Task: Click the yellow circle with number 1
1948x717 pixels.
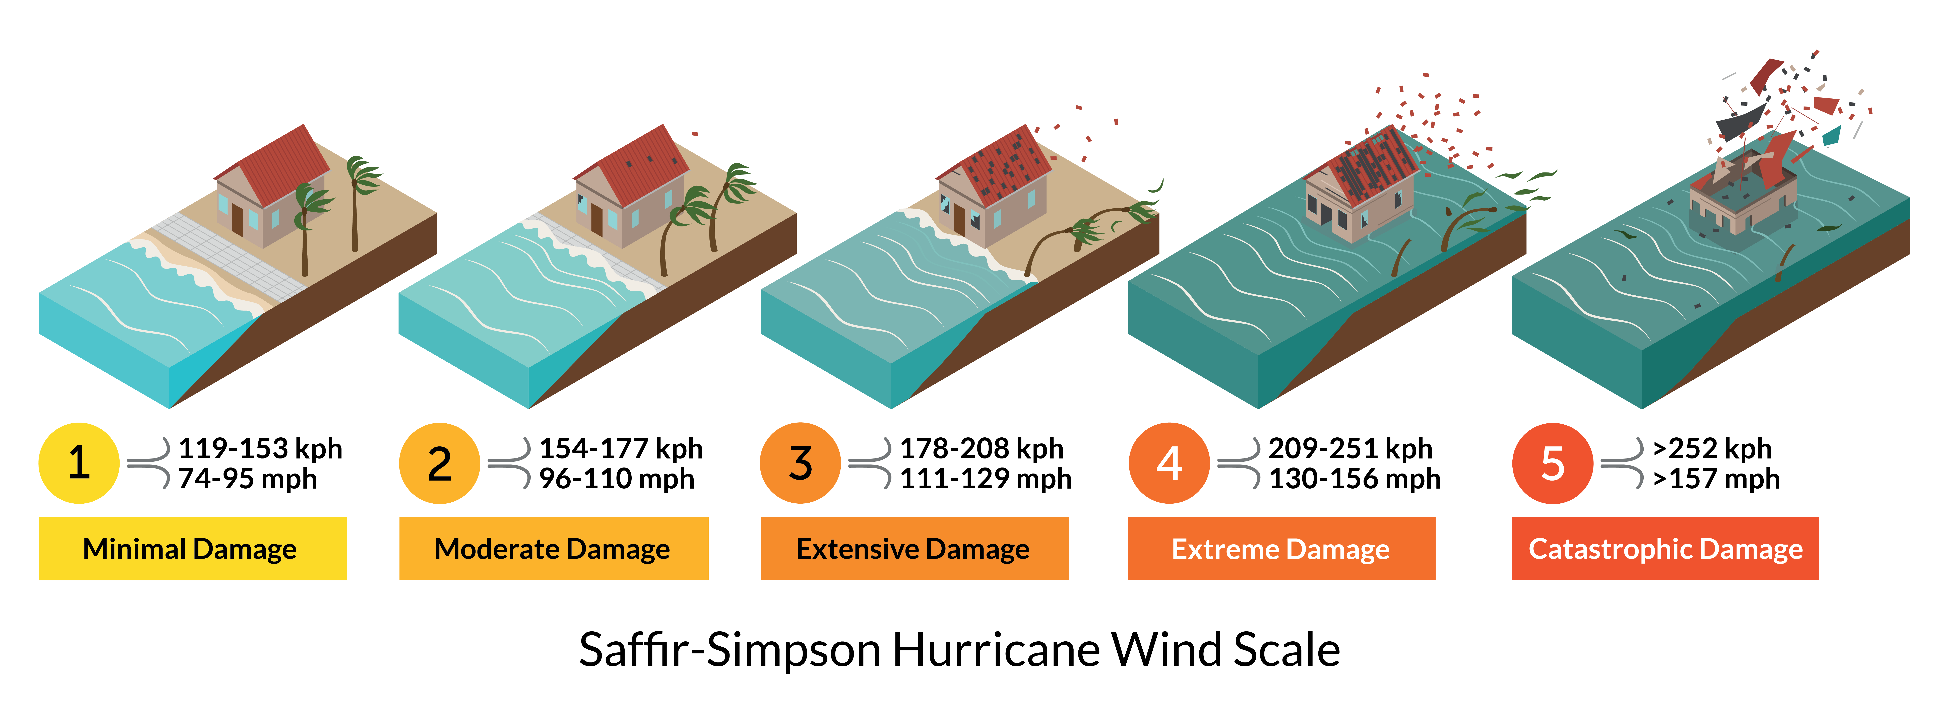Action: (79, 463)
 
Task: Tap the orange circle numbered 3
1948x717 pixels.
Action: (800, 463)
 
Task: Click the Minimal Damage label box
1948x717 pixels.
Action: (193, 549)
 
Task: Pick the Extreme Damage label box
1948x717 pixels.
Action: (1281, 549)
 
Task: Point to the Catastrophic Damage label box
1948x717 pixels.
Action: (1665, 549)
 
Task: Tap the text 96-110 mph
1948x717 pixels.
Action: (616, 479)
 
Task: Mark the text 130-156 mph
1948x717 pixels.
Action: (1354, 479)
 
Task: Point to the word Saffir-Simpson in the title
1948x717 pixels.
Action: (730, 650)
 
